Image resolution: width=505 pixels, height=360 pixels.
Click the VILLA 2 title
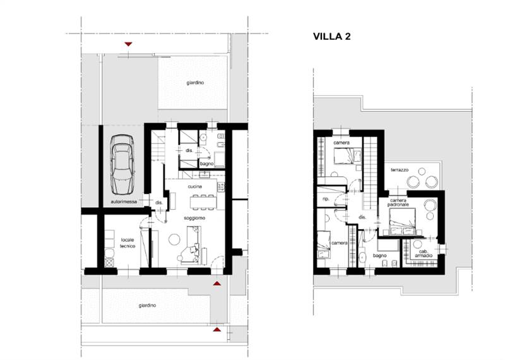click(x=332, y=37)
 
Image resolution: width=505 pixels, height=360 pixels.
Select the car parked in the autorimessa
click(x=122, y=164)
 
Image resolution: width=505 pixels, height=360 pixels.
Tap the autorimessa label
click(x=124, y=201)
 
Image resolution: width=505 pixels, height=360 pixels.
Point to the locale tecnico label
click(x=128, y=243)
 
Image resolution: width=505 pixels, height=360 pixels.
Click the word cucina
click(x=195, y=186)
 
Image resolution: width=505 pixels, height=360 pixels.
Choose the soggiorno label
click(x=194, y=218)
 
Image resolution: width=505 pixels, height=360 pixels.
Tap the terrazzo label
click(x=400, y=170)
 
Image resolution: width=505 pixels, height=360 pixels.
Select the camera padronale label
click(x=398, y=202)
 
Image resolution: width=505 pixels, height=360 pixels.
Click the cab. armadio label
click(x=424, y=254)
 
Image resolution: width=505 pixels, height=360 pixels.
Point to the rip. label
click(x=326, y=199)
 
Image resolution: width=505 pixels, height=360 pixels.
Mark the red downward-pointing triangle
click(x=129, y=44)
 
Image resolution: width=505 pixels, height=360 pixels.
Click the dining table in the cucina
click(x=202, y=202)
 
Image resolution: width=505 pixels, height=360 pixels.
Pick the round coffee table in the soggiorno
click(x=175, y=239)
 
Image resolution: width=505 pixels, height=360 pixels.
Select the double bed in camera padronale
click(x=402, y=222)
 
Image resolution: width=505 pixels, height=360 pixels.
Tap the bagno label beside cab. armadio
click(x=380, y=256)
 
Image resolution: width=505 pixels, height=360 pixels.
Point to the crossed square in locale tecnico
click(x=109, y=263)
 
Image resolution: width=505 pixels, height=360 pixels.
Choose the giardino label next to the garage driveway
click(x=195, y=83)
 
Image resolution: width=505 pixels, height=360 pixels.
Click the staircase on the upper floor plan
click(x=370, y=173)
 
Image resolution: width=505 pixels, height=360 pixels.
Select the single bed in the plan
click(x=323, y=245)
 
